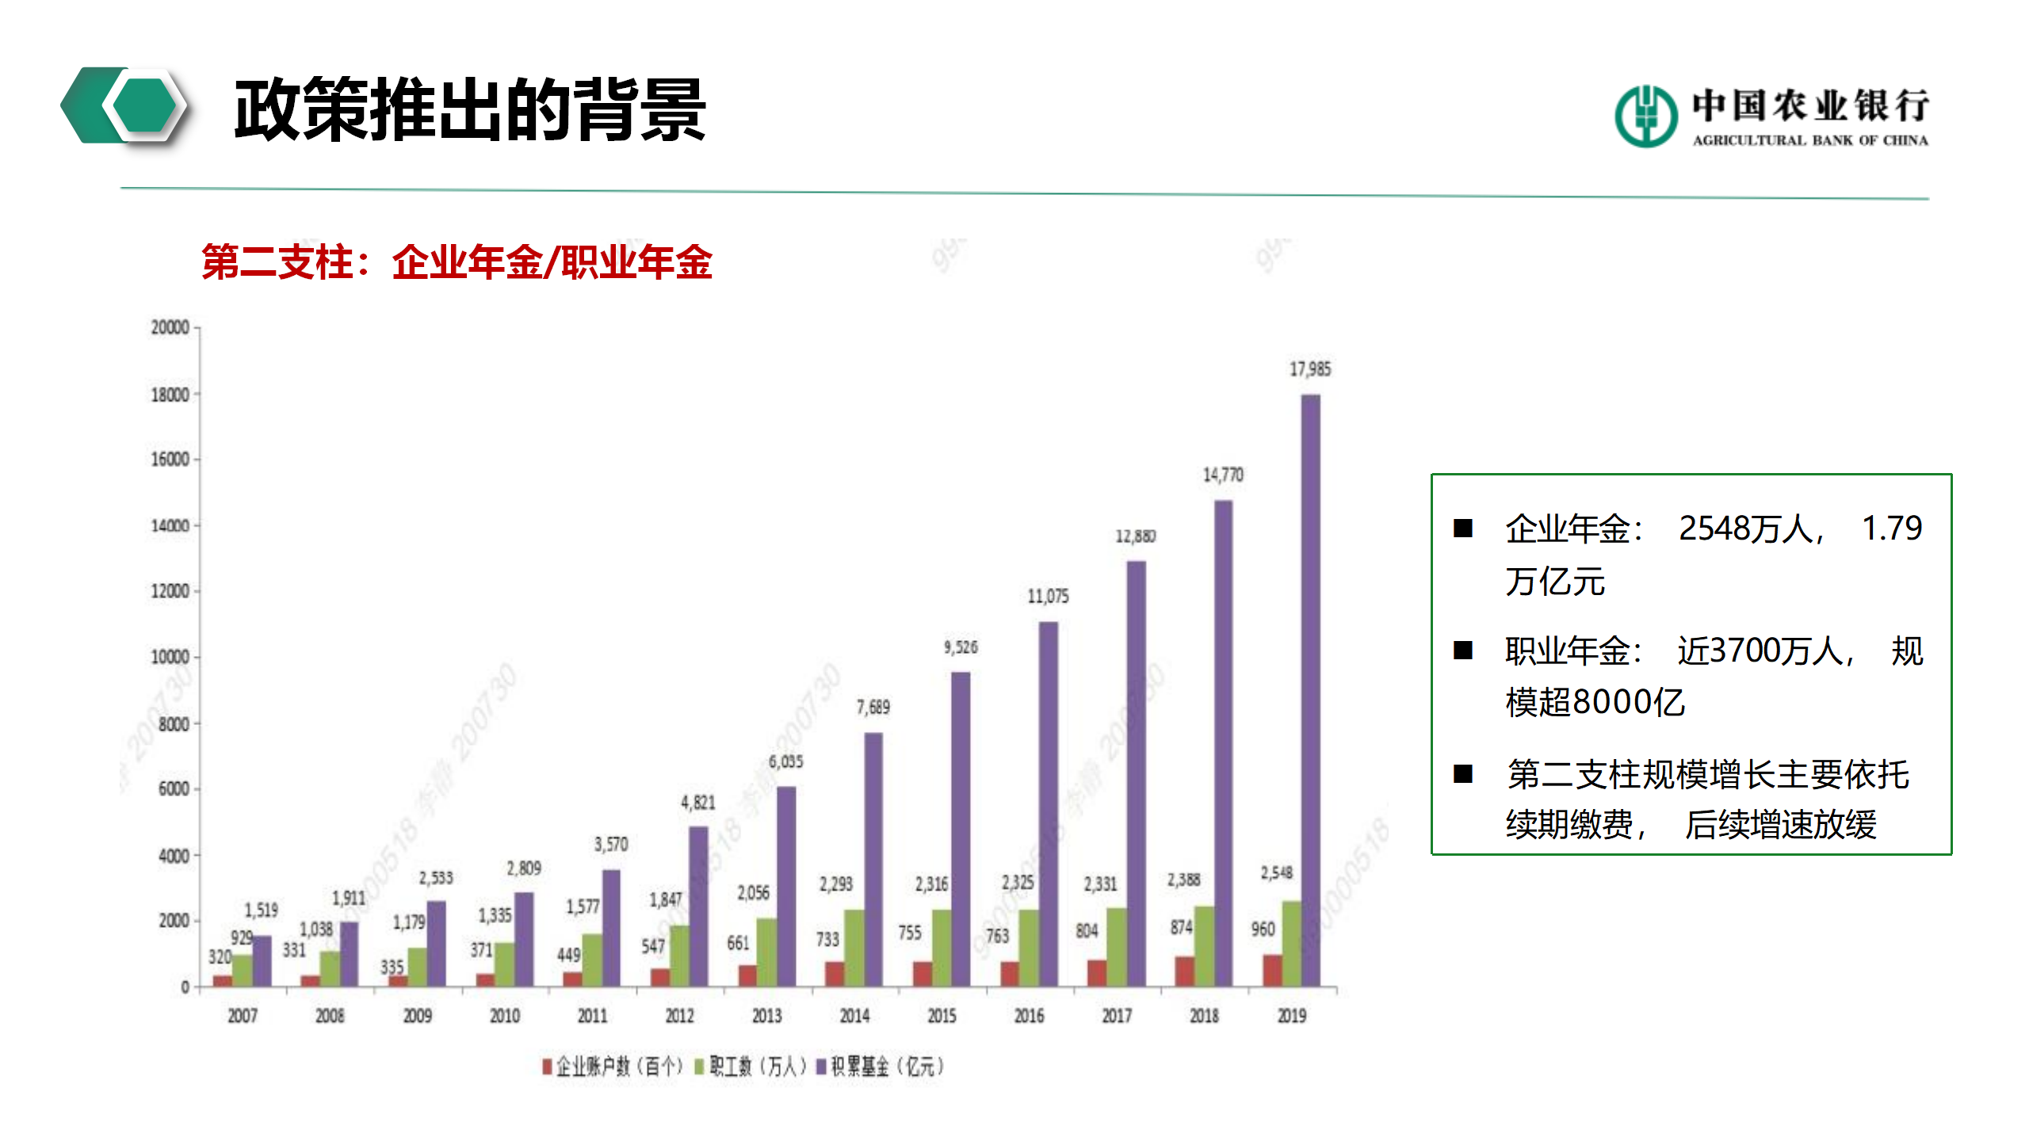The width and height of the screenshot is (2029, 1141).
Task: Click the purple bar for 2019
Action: pos(1310,689)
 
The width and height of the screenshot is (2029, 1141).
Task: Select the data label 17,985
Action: pos(1310,369)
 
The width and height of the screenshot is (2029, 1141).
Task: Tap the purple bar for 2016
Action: pos(1048,804)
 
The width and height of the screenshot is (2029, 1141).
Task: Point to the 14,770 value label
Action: pos(1223,475)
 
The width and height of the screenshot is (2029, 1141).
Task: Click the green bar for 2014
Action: pos(854,948)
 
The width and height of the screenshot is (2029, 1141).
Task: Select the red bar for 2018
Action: pos(1184,971)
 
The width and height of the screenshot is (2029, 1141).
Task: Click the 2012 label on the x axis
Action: pos(679,1016)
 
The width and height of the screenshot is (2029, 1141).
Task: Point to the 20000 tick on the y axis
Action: pos(170,327)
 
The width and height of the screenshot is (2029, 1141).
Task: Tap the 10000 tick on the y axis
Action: pos(170,658)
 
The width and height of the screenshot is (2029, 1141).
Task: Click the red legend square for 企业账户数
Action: pos(547,1067)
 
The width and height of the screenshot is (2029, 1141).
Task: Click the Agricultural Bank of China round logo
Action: pos(1645,116)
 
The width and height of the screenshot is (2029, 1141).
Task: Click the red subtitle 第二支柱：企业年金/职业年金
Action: pos(457,261)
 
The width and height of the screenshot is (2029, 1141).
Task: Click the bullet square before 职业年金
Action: pos(1462,651)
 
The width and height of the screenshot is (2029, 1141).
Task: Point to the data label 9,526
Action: pos(960,647)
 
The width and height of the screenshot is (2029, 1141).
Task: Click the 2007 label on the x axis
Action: pos(243,1016)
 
